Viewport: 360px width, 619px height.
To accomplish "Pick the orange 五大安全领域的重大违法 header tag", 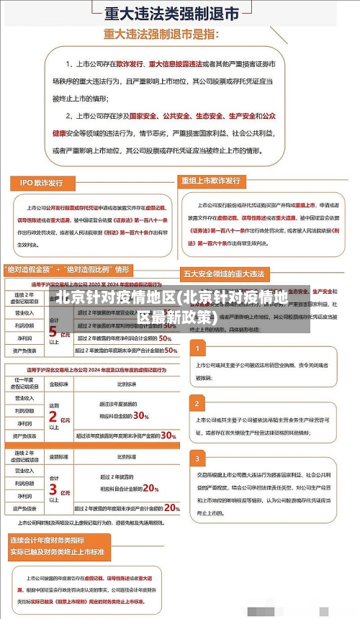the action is [x=224, y=274].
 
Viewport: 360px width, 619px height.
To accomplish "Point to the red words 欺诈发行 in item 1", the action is [x=130, y=64].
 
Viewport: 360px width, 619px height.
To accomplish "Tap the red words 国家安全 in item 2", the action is [x=143, y=116].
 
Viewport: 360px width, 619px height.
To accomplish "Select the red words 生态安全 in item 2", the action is [x=209, y=116].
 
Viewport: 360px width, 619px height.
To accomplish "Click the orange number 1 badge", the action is [x=197, y=349].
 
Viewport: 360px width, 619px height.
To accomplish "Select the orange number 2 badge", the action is [x=197, y=402].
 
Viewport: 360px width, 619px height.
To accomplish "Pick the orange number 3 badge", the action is [x=197, y=458].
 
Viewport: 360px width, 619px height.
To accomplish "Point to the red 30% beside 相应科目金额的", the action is [x=140, y=416].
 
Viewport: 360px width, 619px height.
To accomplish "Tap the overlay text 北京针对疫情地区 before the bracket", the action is [x=114, y=297].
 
